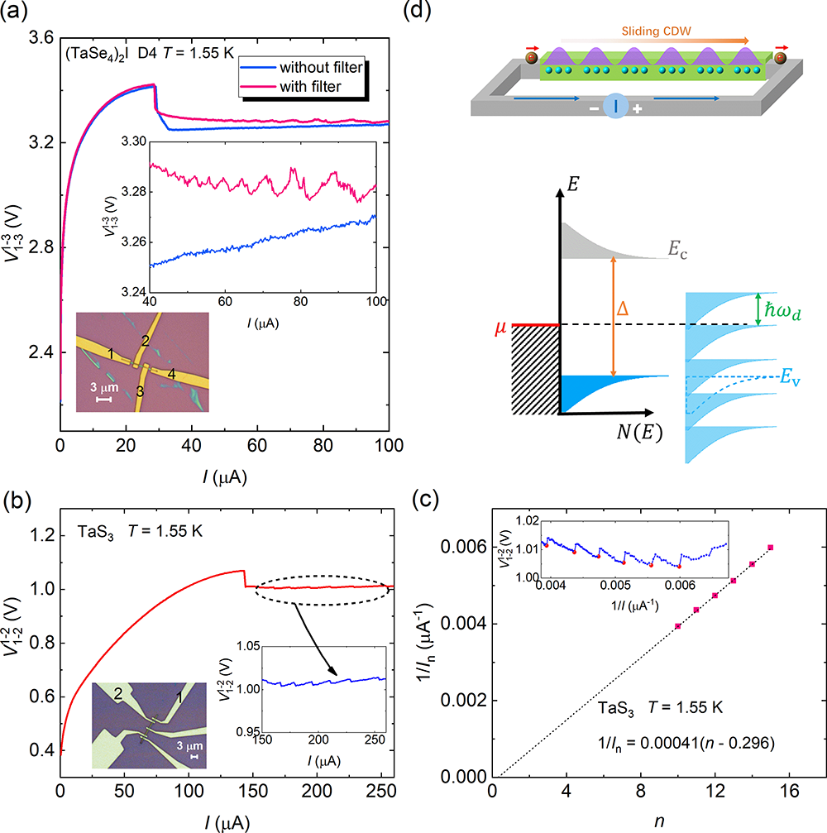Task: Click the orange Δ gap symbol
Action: (624, 307)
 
